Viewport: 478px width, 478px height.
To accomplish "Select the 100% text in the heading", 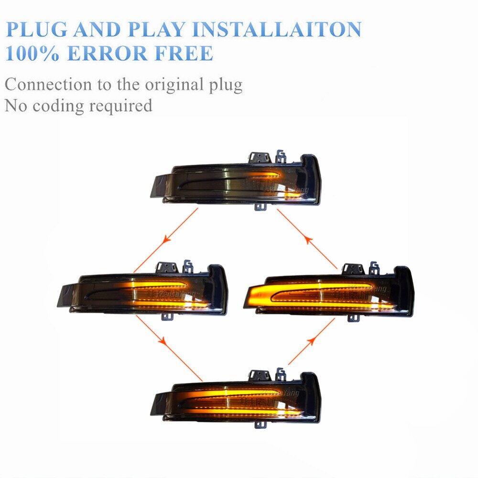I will point(33,53).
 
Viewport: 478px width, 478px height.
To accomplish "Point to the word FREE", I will point(185,53).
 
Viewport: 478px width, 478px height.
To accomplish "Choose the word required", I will point(122,105).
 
